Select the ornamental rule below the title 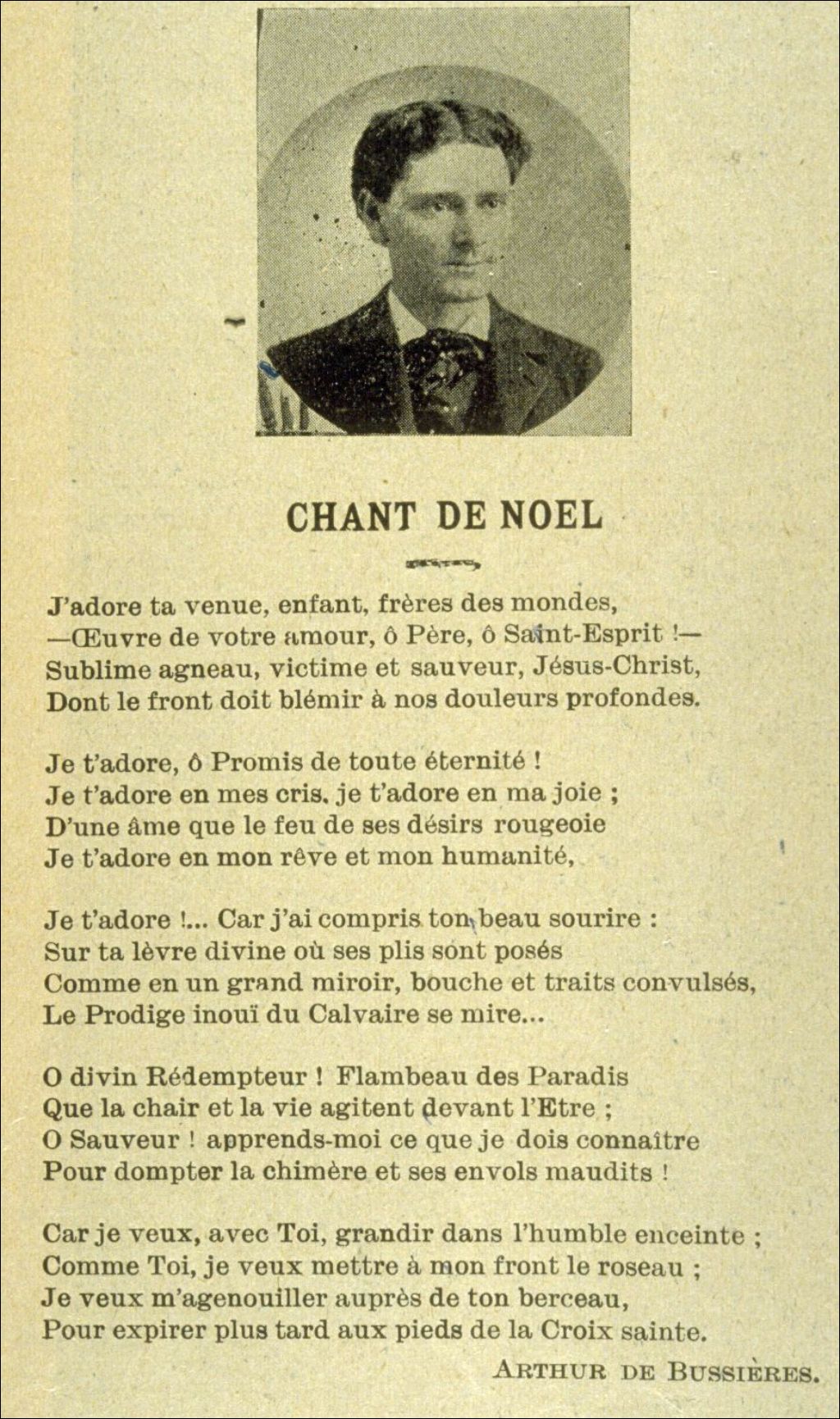pyautogui.click(x=443, y=563)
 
